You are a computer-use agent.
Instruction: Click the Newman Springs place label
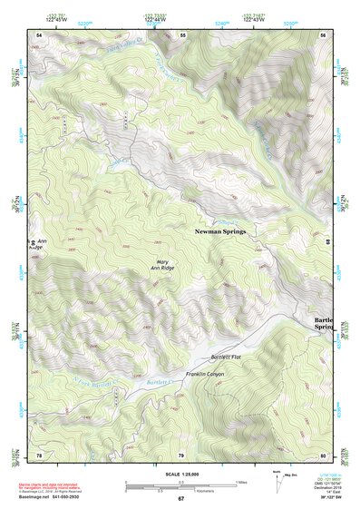(x=220, y=232)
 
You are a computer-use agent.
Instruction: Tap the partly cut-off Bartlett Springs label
(x=324, y=325)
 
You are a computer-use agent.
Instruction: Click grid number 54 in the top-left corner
(x=39, y=34)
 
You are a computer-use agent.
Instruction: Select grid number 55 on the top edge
(x=182, y=34)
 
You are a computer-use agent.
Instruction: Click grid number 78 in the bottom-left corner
(x=39, y=454)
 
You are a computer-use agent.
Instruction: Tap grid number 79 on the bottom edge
(x=180, y=454)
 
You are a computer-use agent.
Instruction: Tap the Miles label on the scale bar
(x=239, y=481)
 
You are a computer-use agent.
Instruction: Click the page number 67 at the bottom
(x=180, y=499)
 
